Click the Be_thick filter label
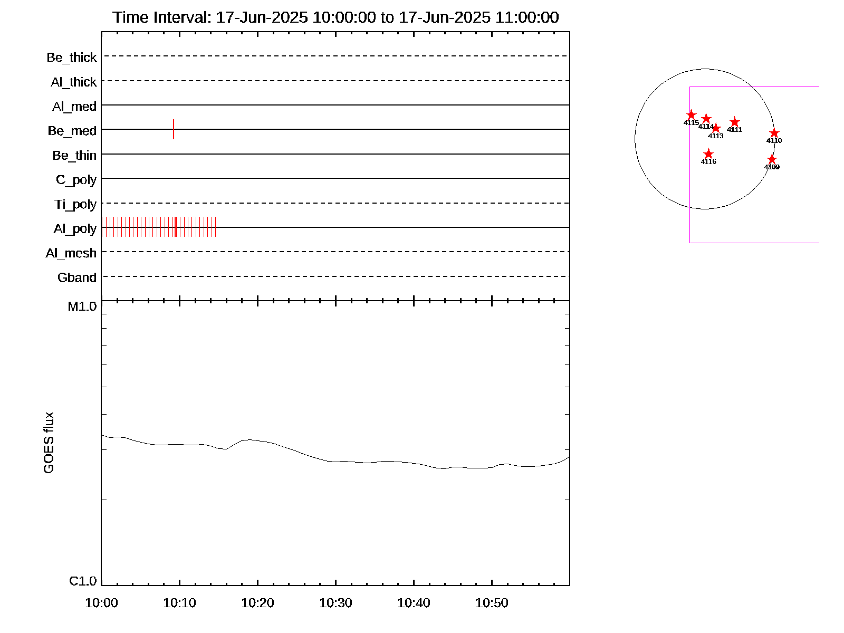[x=72, y=57]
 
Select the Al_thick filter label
[x=74, y=82]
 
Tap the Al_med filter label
[x=74, y=107]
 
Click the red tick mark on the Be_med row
[x=174, y=129]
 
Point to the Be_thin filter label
[x=74, y=156]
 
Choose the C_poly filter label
[x=76, y=180]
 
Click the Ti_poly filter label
[x=75, y=204]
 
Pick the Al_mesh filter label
[x=71, y=253]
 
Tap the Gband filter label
[x=77, y=278]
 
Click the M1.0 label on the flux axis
[x=82, y=306]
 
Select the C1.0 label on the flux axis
[x=83, y=581]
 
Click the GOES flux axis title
[x=49, y=443]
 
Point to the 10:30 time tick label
[x=336, y=603]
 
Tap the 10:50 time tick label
[x=492, y=603]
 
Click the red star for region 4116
[x=708, y=154]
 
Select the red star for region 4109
[x=772, y=159]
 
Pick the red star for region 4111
[x=734, y=122]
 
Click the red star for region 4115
[x=691, y=115]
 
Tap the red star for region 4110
[x=774, y=133]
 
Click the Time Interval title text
[x=335, y=17]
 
